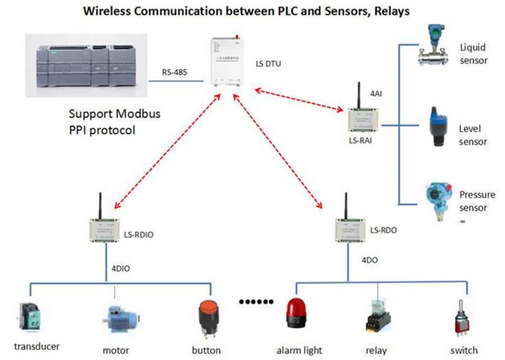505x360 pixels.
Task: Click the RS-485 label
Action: coord(175,73)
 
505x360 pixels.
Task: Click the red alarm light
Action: coord(294,312)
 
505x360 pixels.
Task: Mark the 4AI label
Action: coord(376,95)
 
